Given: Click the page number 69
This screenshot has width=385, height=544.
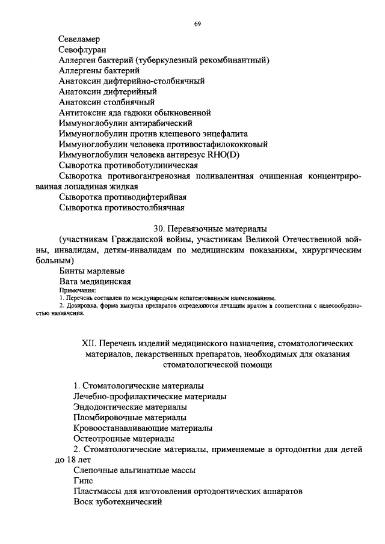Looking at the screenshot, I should pos(197,23).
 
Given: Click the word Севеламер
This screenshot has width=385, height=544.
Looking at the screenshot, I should pos(79,39).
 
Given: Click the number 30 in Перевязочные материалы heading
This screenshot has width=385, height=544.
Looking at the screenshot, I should pos(159,229).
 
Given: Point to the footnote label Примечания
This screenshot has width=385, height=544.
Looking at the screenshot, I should pos(73,290).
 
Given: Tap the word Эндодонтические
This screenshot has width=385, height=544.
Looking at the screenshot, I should pos(103,407).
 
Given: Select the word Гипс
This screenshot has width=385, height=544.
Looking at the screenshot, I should pos(82,481).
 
